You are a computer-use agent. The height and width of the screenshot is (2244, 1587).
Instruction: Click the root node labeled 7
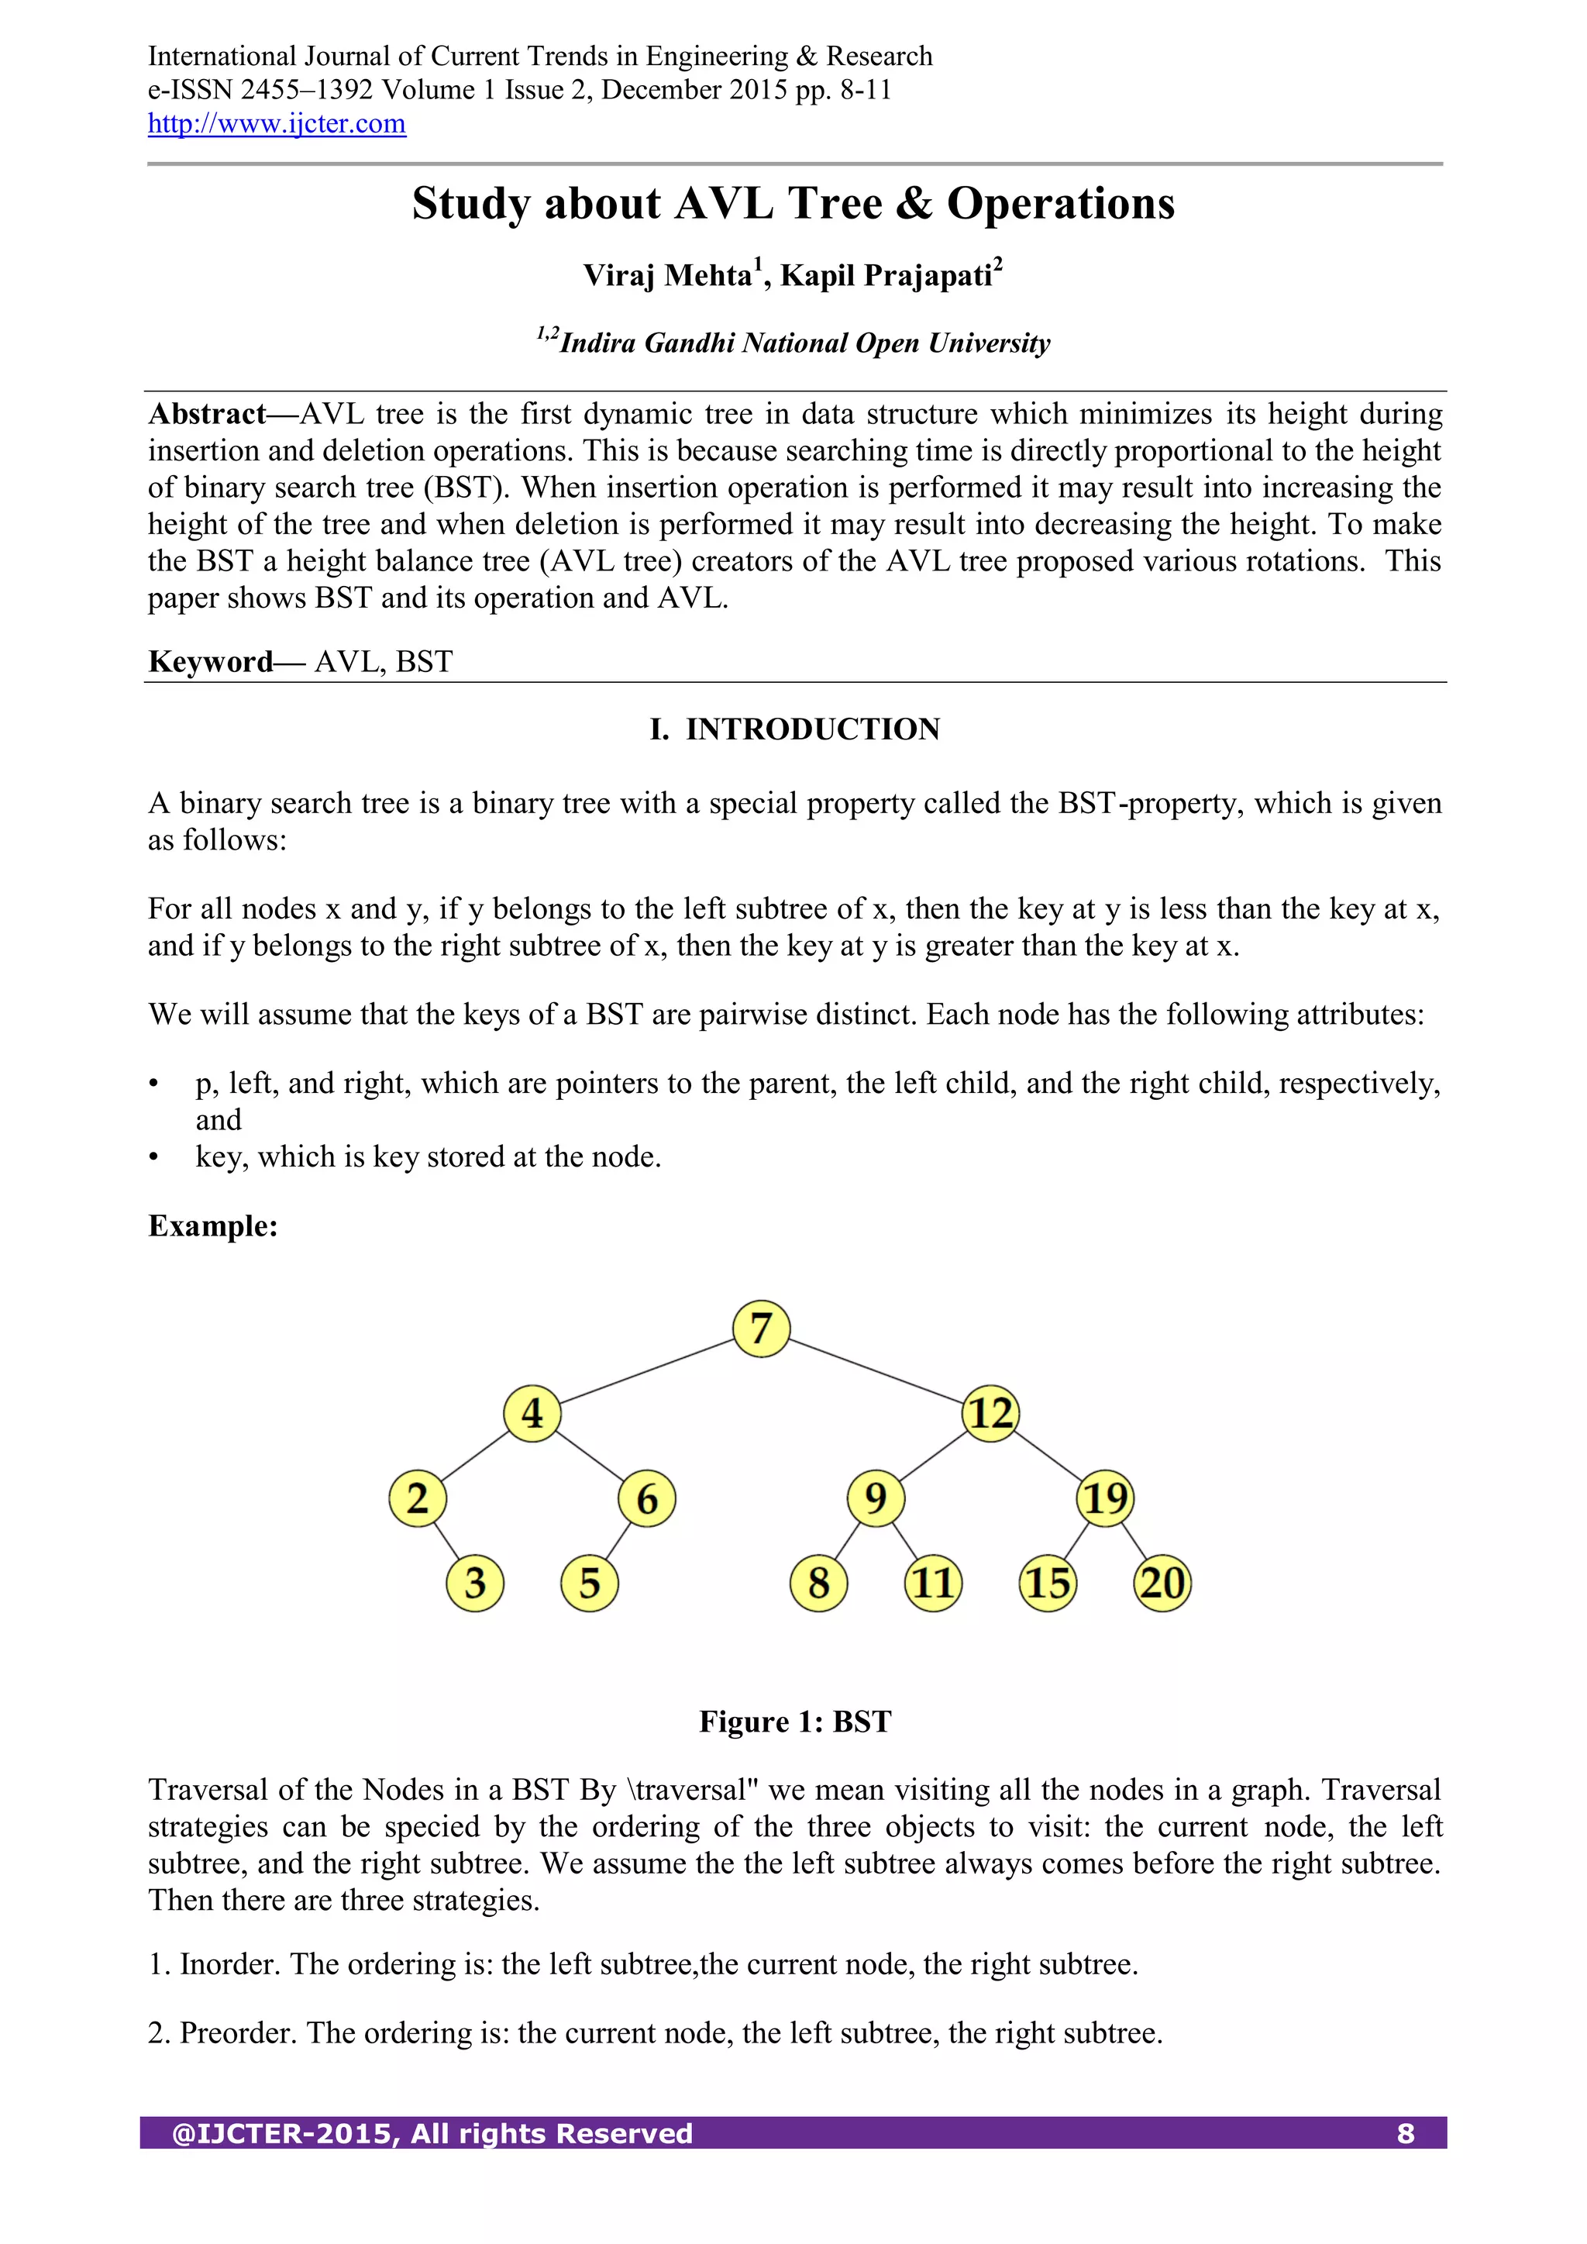pyautogui.click(x=761, y=1329)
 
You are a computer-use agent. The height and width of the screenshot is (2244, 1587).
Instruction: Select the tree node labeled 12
pyautogui.click(x=991, y=1413)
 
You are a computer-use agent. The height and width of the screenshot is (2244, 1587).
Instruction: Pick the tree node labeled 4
pyautogui.click(x=532, y=1413)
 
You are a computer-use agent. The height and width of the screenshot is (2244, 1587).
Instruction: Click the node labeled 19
pyautogui.click(x=1105, y=1498)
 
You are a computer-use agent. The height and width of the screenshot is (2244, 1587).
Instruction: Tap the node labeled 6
pyautogui.click(x=647, y=1498)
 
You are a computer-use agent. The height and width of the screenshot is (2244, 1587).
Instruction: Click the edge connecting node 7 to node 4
pyautogui.click(x=646, y=1371)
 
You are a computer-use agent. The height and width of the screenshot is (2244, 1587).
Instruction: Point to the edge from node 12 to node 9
pyautogui.click(x=933, y=1456)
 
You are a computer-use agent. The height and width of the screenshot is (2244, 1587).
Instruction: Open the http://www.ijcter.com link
pyautogui.click(x=277, y=124)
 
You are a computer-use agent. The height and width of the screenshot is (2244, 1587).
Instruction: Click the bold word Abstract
pyautogui.click(x=207, y=415)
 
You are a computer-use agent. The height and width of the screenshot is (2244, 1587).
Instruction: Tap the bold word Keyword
pyautogui.click(x=210, y=662)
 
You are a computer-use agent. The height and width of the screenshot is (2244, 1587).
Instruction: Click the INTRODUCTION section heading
pyautogui.click(x=812, y=729)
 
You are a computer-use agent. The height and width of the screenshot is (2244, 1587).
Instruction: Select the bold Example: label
pyautogui.click(x=213, y=1225)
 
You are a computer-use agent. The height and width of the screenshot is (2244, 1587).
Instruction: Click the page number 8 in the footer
pyautogui.click(x=1405, y=2134)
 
